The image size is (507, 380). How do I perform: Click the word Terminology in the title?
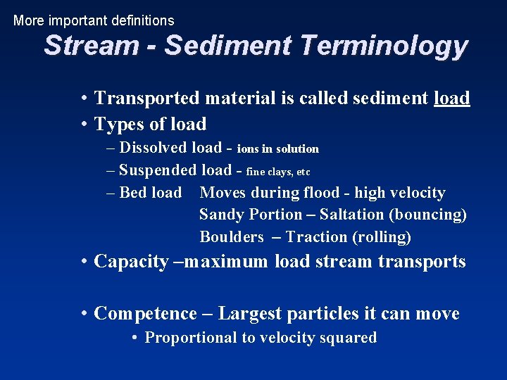click(x=383, y=46)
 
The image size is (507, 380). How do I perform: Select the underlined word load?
click(x=451, y=99)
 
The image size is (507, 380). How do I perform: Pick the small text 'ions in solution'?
click(x=278, y=149)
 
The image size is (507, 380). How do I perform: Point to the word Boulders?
click(x=231, y=237)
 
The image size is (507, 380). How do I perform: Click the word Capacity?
click(x=131, y=262)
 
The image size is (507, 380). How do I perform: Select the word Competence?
click(x=145, y=314)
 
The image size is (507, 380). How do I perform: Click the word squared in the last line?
click(x=346, y=338)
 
